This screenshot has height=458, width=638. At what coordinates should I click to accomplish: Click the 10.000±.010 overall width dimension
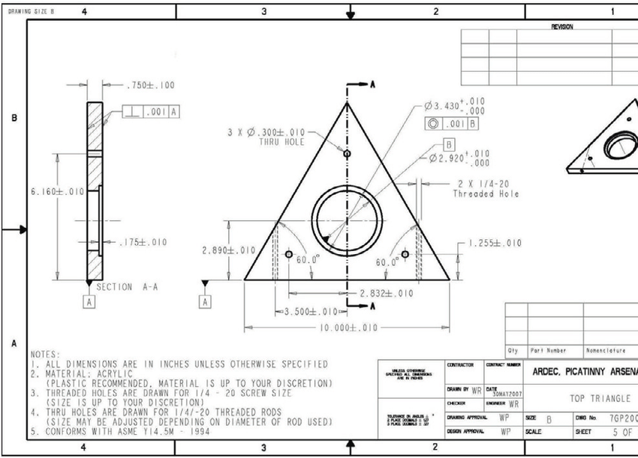(347, 328)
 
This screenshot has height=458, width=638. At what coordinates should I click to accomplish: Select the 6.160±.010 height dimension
(57, 192)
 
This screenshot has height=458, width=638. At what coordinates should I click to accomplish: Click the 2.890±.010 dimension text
(230, 250)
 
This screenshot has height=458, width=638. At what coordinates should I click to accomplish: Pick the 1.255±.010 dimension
(493, 243)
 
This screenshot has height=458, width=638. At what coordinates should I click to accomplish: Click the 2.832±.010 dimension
(386, 293)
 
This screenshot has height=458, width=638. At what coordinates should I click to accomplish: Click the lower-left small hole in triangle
(289, 255)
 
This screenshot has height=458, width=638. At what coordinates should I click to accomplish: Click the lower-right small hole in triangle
(405, 255)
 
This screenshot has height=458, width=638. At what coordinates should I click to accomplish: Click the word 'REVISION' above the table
(561, 27)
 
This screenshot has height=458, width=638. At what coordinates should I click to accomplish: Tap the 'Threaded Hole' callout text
(486, 194)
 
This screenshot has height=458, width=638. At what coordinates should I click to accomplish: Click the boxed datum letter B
(449, 143)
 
